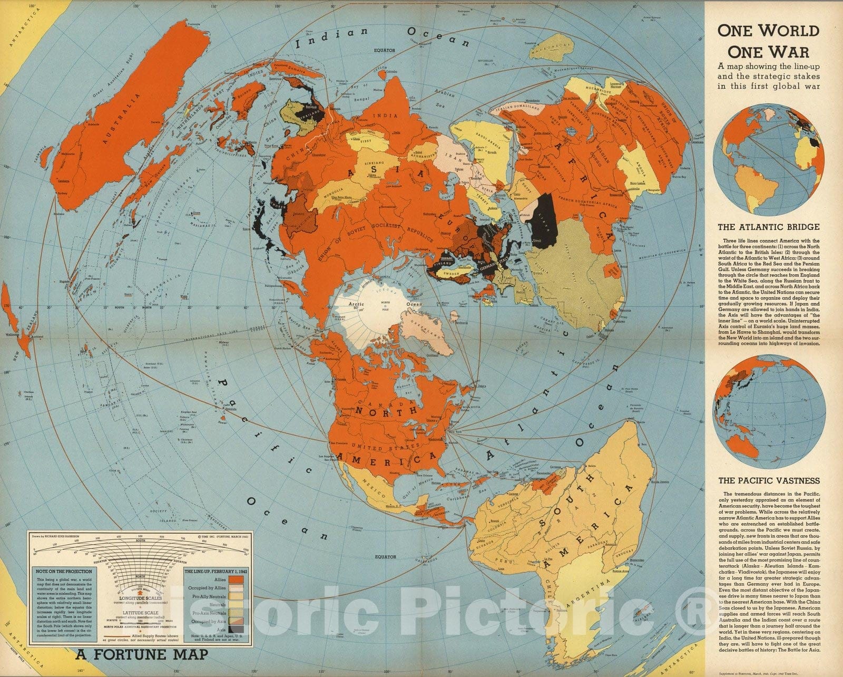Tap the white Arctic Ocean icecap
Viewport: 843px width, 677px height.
[x=369, y=311]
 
